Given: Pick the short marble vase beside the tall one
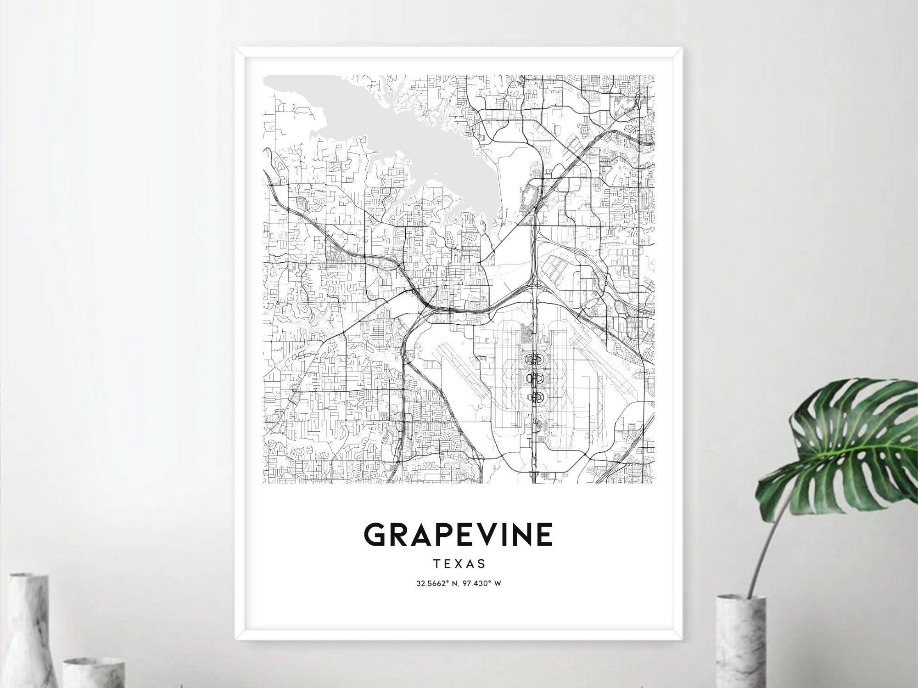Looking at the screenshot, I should [94, 673].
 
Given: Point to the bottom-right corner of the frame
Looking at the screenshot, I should [682, 638].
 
